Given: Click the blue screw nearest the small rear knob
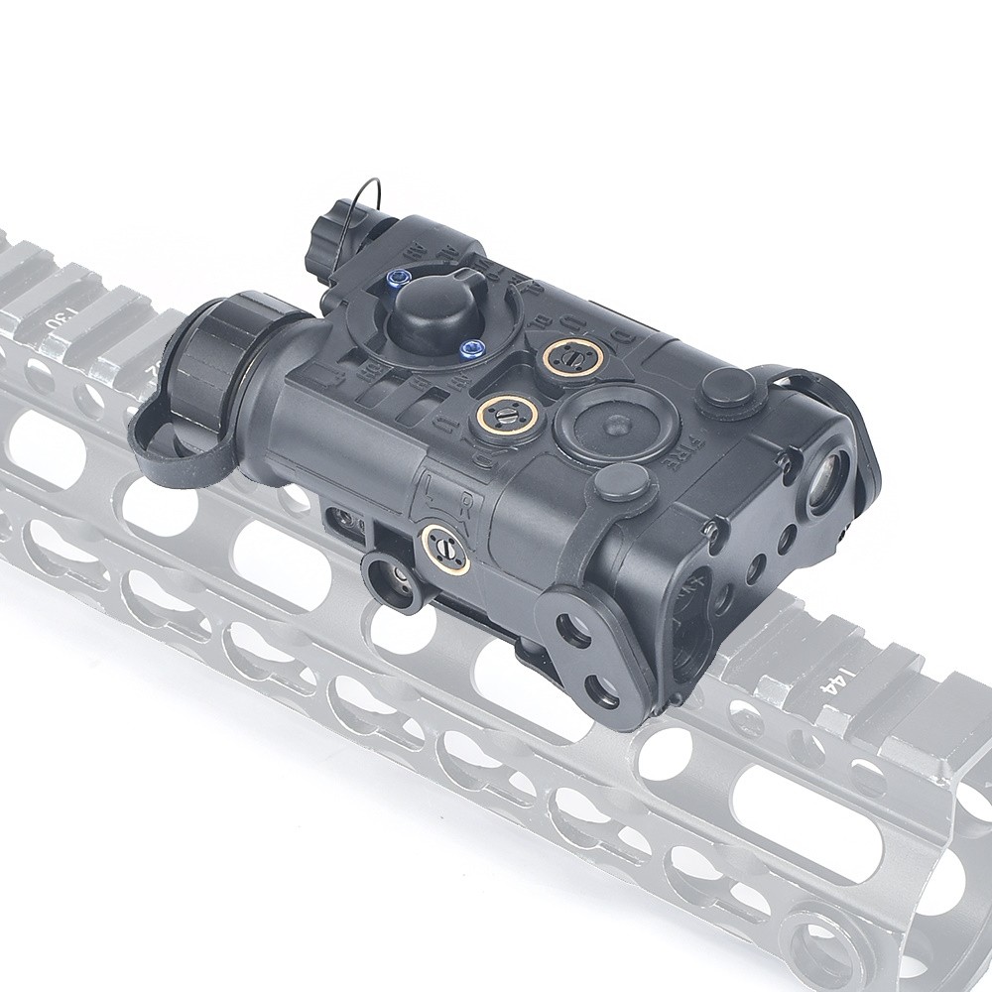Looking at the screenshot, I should (399, 281).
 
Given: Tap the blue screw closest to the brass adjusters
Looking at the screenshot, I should (472, 346).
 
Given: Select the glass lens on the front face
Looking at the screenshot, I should (826, 479).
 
